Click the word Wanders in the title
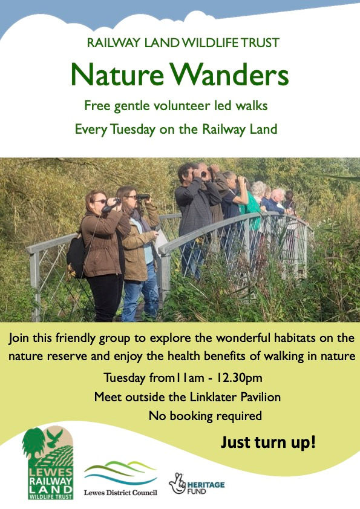click(x=231, y=75)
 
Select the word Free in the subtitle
click(x=97, y=106)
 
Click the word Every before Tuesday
click(x=89, y=129)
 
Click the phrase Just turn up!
click(x=267, y=442)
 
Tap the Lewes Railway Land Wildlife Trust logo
click(x=48, y=464)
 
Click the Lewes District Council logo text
click(x=120, y=493)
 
